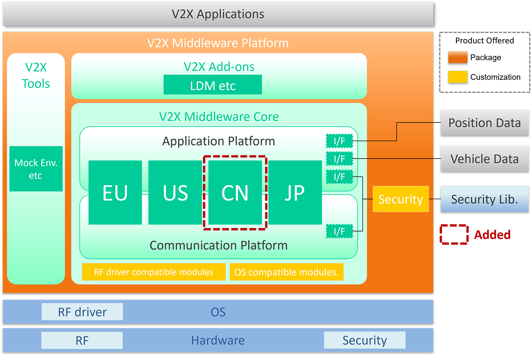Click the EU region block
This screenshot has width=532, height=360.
(x=115, y=192)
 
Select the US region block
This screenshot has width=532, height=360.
(x=175, y=192)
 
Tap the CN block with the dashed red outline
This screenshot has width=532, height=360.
(x=235, y=192)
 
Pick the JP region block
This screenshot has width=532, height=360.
(x=295, y=192)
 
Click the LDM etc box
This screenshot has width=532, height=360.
(x=212, y=85)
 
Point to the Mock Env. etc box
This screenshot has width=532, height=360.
(x=36, y=169)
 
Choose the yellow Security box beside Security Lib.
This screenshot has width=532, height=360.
(x=401, y=199)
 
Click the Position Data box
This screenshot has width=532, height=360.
(x=484, y=122)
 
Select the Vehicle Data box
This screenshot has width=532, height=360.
(x=484, y=159)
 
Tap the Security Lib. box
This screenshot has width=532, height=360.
(x=484, y=199)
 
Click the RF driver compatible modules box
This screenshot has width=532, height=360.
(x=154, y=272)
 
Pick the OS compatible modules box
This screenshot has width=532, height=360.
(x=286, y=272)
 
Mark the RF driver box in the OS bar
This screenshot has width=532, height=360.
(x=82, y=312)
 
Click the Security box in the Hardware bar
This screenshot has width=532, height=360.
(x=364, y=340)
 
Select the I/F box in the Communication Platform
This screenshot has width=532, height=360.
(x=339, y=231)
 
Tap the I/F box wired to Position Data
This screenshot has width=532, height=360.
(x=339, y=141)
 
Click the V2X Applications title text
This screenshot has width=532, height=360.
(x=218, y=14)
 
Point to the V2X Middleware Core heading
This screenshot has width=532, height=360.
(x=219, y=116)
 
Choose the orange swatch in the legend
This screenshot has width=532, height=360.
(x=458, y=57)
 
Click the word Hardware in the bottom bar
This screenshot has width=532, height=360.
(x=218, y=340)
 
